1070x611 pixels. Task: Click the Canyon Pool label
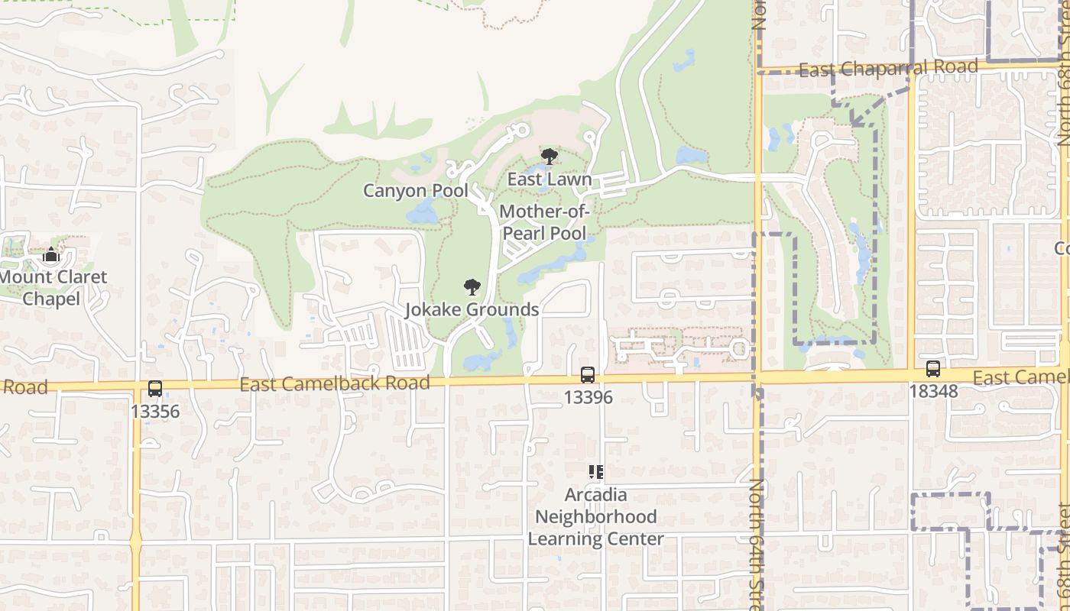[415, 190]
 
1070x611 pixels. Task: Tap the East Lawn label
[550, 179]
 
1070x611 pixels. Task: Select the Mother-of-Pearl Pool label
[543, 222]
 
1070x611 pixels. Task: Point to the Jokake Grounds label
[472, 309]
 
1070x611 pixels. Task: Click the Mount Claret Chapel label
[53, 287]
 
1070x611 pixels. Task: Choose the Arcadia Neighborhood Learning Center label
[596, 517]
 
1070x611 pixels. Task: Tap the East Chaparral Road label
[888, 69]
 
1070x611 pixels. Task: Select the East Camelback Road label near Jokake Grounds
[335, 383]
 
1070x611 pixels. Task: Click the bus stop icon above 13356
[155, 389]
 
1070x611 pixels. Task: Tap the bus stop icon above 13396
[587, 375]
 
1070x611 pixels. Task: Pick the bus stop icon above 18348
[932, 369]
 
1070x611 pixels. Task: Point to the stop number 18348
[933, 391]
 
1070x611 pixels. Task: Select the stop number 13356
[155, 412]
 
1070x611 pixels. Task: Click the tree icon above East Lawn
[549, 157]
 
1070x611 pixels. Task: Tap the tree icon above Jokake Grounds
[472, 287]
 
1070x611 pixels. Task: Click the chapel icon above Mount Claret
[51, 254]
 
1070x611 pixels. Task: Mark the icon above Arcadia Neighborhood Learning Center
[596, 472]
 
